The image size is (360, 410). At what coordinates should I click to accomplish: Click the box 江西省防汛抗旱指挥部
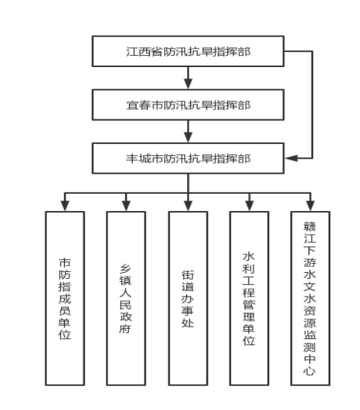point(188,51)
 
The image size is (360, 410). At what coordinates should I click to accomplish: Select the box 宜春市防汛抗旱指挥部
point(188,105)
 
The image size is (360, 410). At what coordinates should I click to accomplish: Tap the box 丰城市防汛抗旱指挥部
point(188,158)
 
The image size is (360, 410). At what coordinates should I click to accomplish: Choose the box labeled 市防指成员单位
point(65,298)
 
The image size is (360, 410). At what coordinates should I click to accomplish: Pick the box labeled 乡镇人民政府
point(126,298)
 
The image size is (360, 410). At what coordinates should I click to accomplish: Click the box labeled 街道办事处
point(189,298)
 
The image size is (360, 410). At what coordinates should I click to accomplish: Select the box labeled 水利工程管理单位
point(249,298)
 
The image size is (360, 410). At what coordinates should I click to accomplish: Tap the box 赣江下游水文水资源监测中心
point(310,298)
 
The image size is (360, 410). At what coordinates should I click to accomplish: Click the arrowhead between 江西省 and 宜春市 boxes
point(189,83)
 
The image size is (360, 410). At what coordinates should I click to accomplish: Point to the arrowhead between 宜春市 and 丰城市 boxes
point(189,137)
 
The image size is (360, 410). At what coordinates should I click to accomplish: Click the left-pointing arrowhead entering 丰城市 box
point(291,158)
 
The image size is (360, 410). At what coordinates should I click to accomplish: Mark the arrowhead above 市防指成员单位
point(65,206)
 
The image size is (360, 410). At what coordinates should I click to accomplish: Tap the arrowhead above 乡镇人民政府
point(126,206)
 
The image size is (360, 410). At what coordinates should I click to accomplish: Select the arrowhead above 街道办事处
point(189,206)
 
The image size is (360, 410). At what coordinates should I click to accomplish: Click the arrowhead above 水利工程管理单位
point(250,206)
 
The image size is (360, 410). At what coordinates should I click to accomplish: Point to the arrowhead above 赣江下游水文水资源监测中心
point(310,206)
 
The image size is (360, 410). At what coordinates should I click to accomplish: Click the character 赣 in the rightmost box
point(310,227)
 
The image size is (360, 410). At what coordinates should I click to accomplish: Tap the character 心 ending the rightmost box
point(310,370)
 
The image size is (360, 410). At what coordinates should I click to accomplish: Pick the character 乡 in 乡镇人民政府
point(125,269)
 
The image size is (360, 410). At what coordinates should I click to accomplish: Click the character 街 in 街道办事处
point(188,275)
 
